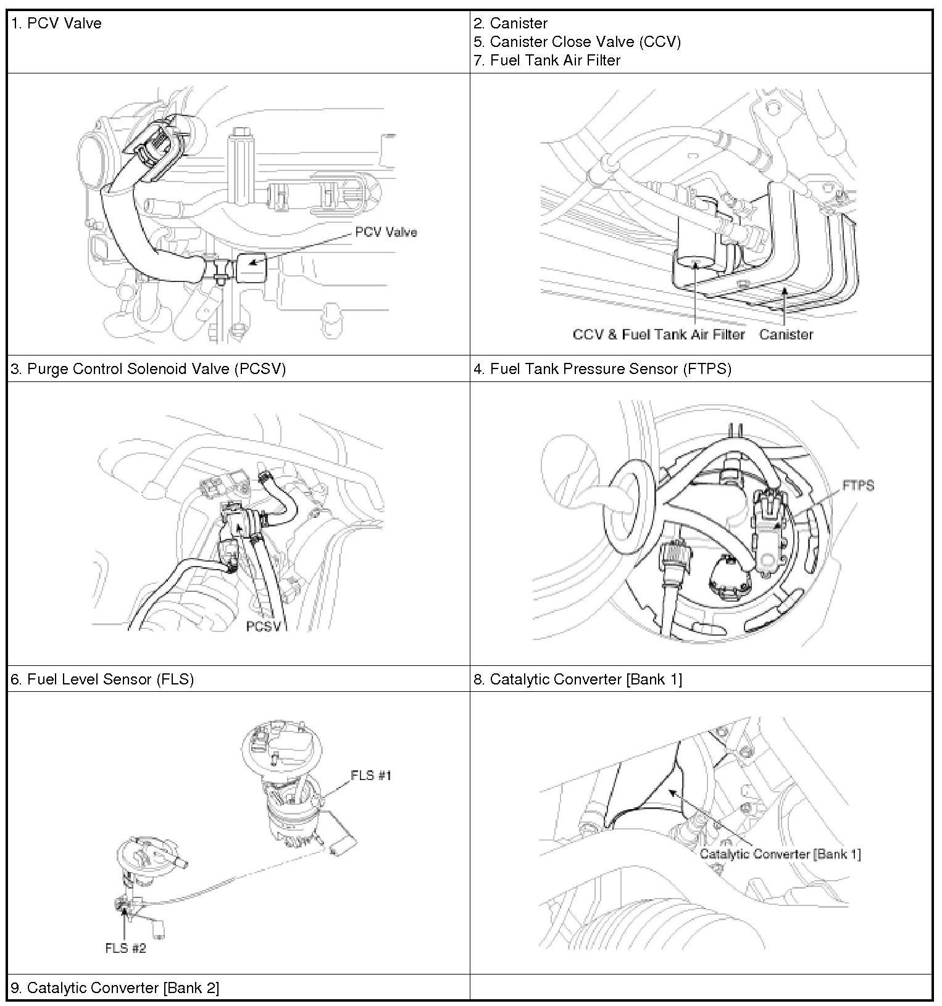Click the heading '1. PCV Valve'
click(x=56, y=23)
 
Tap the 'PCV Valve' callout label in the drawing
click(x=386, y=232)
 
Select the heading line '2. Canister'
click(x=511, y=23)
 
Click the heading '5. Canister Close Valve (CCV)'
click(x=577, y=42)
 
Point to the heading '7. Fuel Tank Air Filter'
click(x=547, y=60)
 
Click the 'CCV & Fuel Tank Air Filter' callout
click(x=659, y=335)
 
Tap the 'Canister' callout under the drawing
click(x=786, y=335)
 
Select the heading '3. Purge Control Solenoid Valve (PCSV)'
click(x=148, y=369)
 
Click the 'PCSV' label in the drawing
click(x=264, y=626)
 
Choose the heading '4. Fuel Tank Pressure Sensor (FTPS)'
click(x=602, y=369)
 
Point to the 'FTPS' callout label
click(x=858, y=486)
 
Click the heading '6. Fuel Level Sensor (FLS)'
click(x=102, y=680)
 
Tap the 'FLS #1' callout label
click(x=371, y=775)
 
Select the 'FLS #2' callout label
click(x=125, y=948)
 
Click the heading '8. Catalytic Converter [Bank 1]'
click(x=578, y=680)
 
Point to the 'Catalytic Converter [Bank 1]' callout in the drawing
click(x=780, y=854)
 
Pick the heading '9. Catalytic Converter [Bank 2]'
click(x=115, y=988)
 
